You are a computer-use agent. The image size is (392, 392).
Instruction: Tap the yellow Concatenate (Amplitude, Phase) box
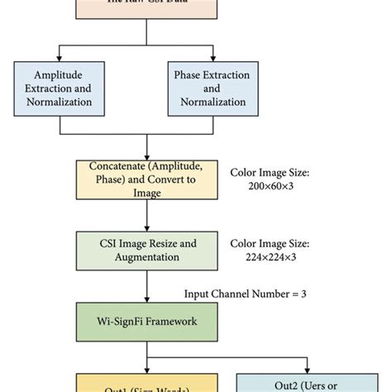click(147, 179)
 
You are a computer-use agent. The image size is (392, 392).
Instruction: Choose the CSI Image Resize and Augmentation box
click(147, 249)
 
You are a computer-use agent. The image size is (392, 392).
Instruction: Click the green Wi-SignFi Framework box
click(147, 319)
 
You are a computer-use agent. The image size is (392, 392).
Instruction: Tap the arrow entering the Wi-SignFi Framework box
click(147, 289)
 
